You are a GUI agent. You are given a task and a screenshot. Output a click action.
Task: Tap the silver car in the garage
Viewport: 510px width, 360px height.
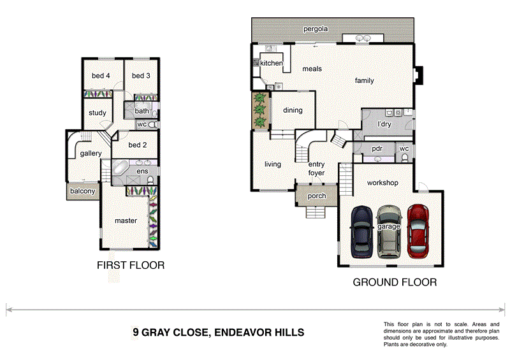click(389, 231)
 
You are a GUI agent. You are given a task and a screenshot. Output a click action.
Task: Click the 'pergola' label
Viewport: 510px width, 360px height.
click(316, 29)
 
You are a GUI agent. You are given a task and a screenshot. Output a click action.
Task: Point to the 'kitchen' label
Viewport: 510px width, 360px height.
click(271, 64)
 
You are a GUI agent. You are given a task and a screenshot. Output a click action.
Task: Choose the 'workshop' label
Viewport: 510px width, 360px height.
click(382, 183)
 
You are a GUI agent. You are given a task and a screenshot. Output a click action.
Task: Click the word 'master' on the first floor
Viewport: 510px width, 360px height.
click(126, 220)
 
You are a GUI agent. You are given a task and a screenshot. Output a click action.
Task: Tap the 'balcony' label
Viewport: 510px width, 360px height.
click(82, 191)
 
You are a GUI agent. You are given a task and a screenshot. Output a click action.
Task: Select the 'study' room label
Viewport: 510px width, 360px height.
click(97, 113)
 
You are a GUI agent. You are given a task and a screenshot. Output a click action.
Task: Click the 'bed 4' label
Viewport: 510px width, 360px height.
click(101, 76)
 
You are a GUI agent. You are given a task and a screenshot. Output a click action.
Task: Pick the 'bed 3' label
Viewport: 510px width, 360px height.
click(141, 76)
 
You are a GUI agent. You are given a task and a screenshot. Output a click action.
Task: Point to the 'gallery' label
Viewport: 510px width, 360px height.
click(91, 154)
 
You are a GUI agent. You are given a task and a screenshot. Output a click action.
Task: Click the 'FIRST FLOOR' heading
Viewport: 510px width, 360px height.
click(130, 266)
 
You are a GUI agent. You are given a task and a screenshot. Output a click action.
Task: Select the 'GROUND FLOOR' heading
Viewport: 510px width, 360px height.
click(395, 282)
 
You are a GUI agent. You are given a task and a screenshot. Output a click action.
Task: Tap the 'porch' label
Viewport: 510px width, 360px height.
click(316, 196)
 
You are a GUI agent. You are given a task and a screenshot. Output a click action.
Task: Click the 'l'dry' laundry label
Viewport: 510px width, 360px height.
click(384, 124)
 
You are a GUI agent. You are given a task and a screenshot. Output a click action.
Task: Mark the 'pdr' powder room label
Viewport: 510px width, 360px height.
click(376, 148)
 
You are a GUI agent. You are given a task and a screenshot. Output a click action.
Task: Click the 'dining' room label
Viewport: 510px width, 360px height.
click(293, 110)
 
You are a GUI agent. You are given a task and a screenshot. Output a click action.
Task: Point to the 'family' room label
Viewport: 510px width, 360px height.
click(364, 81)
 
